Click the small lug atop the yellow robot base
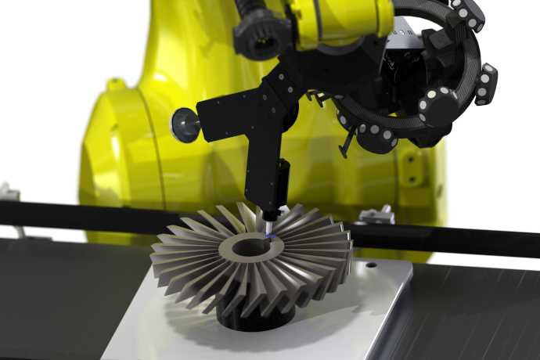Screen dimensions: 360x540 coord(115,81)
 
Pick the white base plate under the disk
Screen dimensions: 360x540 coord(344,313)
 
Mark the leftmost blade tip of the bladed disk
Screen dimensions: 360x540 coord(153,249)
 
